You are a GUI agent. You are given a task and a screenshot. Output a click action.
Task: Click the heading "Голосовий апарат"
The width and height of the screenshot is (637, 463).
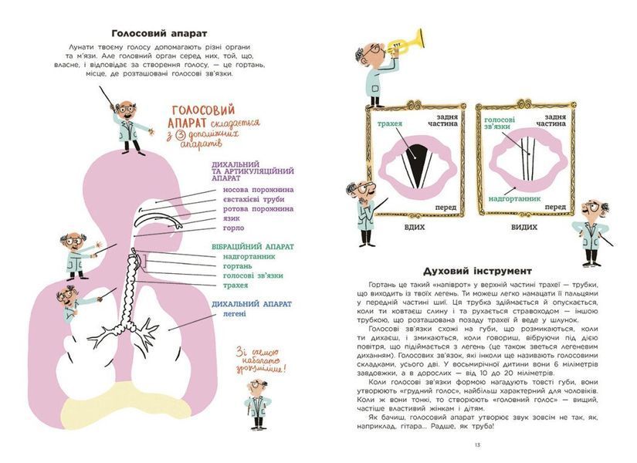(159, 33)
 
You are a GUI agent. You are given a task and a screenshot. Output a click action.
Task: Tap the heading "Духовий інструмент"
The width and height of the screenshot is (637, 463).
(477, 271)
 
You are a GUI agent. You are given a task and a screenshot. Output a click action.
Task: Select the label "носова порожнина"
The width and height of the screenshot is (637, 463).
(258, 190)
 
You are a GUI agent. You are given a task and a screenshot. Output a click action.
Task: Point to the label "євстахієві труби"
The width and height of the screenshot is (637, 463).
(253, 199)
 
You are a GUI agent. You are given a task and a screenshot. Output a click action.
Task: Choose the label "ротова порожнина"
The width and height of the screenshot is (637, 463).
(258, 209)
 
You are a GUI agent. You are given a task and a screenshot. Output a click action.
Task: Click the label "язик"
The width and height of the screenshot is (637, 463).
(231, 218)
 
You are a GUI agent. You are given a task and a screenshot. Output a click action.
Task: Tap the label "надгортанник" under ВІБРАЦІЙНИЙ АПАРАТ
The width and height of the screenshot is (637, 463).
(249, 257)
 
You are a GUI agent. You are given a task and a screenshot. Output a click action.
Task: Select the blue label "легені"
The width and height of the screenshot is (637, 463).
(235, 314)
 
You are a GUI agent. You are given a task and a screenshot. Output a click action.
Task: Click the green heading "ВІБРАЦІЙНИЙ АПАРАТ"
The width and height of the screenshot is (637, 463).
(252, 247)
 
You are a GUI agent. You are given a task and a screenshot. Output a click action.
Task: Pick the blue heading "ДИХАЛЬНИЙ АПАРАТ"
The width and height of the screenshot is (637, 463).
(252, 304)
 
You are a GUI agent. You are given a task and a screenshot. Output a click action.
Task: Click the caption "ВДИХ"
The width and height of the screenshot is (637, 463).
(415, 228)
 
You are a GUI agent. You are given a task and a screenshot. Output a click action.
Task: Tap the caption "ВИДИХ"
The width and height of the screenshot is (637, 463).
(524, 228)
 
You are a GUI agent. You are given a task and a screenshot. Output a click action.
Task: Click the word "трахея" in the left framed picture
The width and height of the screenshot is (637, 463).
(390, 123)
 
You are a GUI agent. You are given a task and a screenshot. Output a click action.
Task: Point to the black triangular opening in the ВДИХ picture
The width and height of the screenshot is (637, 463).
(416, 164)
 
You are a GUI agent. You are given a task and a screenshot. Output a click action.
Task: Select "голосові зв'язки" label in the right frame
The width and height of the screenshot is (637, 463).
(500, 123)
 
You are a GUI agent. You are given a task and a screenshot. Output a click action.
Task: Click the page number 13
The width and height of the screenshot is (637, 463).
(477, 445)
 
